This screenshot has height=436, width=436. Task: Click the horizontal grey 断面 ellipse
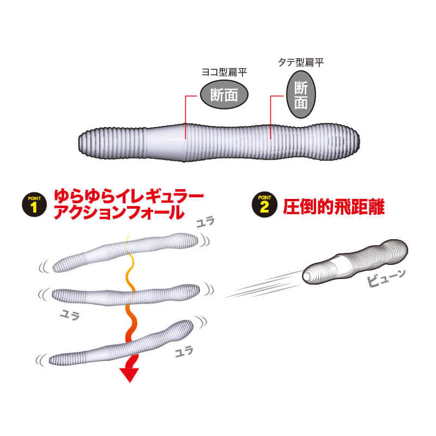(x=224, y=94)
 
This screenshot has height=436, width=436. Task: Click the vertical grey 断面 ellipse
(x=301, y=94)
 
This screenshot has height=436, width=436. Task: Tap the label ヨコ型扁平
(x=224, y=72)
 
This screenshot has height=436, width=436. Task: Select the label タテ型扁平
(x=301, y=62)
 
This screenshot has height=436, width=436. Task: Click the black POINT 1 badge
(x=34, y=205)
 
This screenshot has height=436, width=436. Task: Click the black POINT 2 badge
(x=264, y=205)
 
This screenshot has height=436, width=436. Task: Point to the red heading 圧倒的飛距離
(x=334, y=207)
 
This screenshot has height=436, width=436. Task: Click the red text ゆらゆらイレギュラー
(x=129, y=196)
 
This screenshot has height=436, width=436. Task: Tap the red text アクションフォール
(x=119, y=213)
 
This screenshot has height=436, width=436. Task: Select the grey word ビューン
(x=386, y=277)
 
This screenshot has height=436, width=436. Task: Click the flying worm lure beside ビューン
(x=355, y=262)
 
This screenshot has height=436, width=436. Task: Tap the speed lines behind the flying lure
(x=263, y=285)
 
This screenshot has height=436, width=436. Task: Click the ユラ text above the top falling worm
(x=205, y=222)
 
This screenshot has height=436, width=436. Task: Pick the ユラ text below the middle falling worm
(x=70, y=316)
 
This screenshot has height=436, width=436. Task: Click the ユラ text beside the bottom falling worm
(x=184, y=352)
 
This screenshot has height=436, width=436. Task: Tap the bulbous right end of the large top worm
(x=334, y=142)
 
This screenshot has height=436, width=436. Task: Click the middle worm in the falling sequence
(x=126, y=295)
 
